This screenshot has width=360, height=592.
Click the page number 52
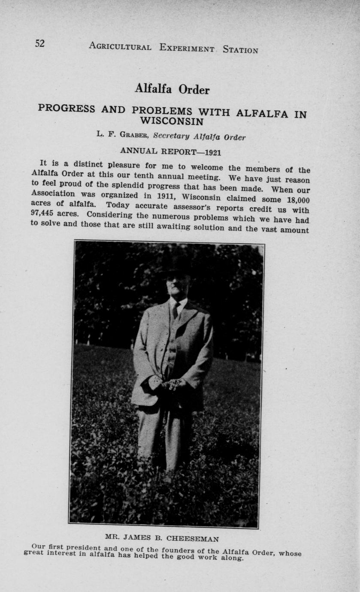(39, 43)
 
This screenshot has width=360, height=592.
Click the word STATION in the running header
(240, 50)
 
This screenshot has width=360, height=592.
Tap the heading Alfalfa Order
(172, 89)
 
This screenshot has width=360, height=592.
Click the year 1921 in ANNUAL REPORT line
(213, 152)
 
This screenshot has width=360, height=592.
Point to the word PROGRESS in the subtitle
(67, 108)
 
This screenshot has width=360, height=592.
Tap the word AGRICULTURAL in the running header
(120, 46)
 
